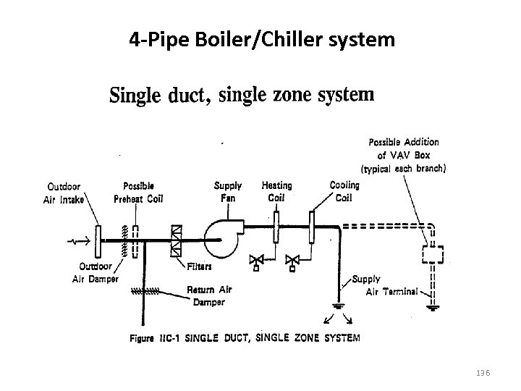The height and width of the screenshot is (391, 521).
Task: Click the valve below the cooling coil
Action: pyautogui.click(x=293, y=260)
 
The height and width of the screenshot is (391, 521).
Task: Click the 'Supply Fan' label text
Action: pyautogui.click(x=228, y=192)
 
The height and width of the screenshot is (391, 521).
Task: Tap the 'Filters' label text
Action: pyautogui.click(x=199, y=266)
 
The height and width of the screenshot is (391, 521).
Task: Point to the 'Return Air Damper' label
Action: pyautogui.click(x=208, y=295)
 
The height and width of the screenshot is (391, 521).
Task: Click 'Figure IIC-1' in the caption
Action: pyautogui.click(x=154, y=337)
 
